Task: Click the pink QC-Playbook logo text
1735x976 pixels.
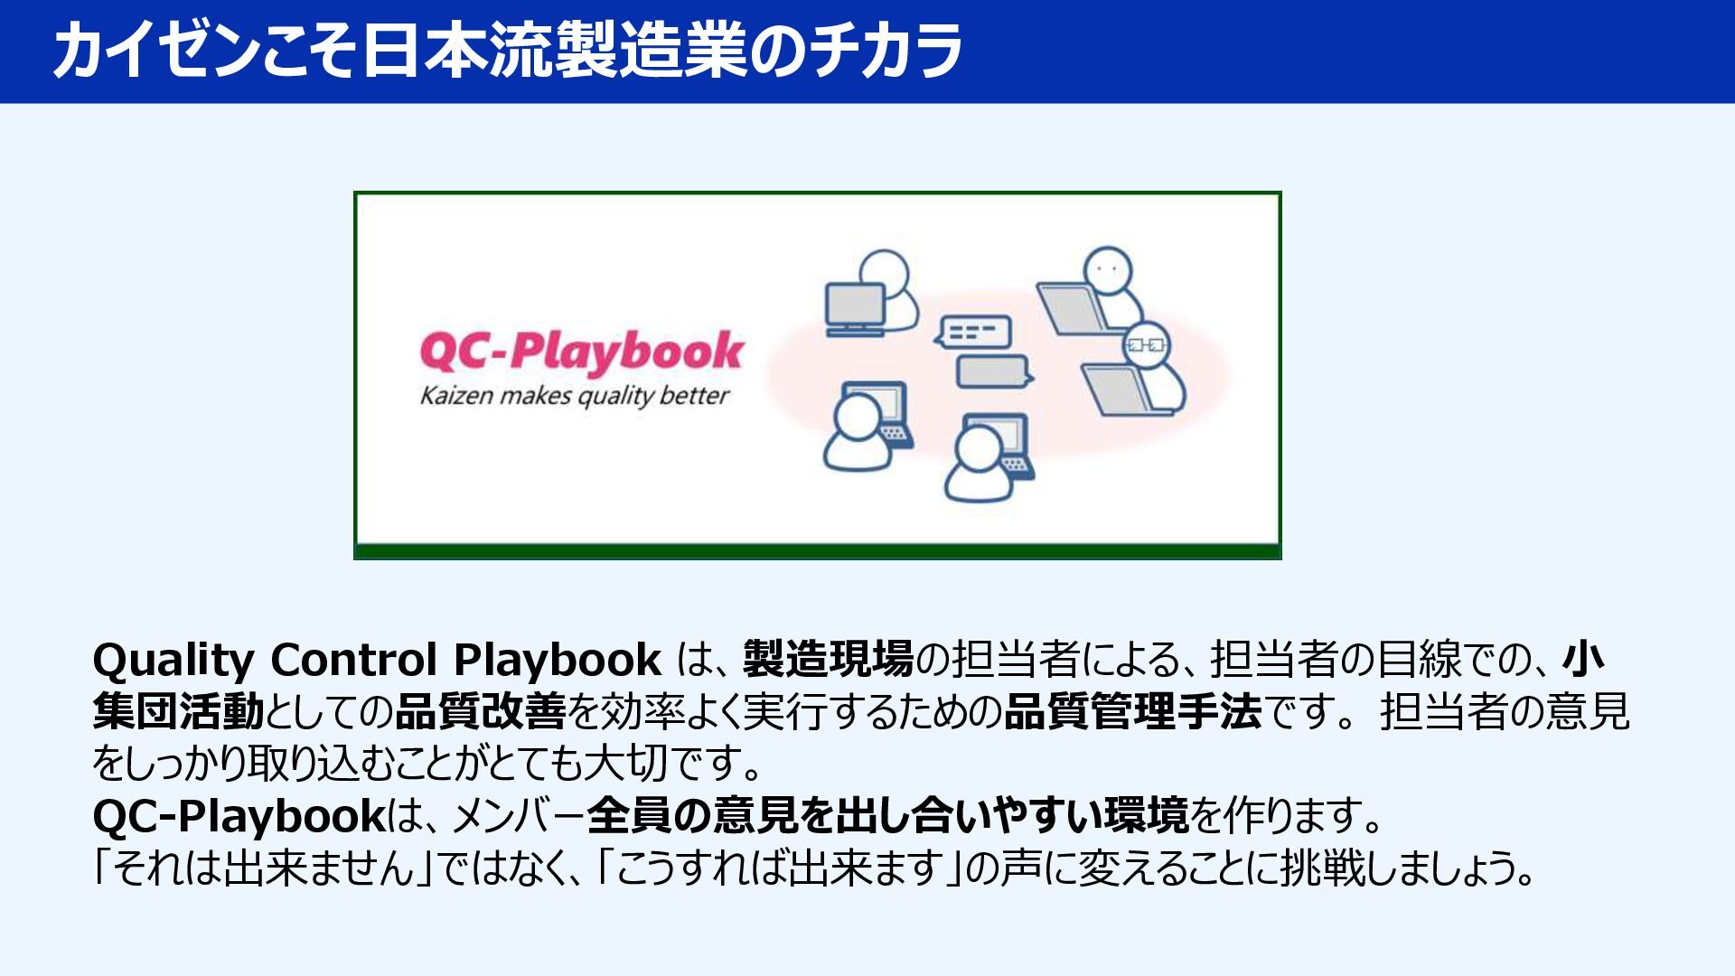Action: pos(581,352)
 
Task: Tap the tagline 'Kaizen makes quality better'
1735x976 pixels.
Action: pos(575,397)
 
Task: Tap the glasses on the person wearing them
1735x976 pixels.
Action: pos(1146,344)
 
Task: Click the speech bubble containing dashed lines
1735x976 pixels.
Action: pos(973,331)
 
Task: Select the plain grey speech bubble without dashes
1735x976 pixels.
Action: pos(995,371)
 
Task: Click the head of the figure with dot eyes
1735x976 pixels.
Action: pos(1108,270)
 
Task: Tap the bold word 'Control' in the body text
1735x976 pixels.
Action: pos(354,661)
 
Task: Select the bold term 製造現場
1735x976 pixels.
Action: pos(829,660)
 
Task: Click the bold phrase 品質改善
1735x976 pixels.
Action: pos(481,712)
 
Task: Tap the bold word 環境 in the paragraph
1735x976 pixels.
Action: pos(1147,816)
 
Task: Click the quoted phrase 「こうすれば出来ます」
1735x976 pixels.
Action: pos(778,868)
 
